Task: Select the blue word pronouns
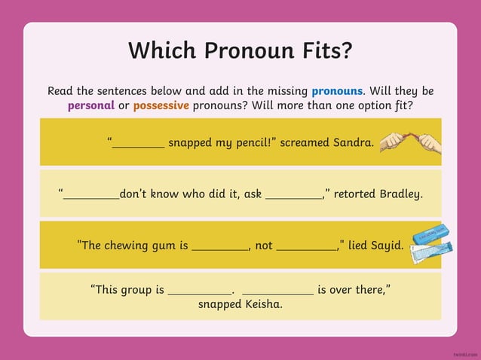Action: (337, 90)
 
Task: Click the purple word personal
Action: (91, 105)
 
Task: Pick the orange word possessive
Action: (161, 105)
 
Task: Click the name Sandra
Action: (354, 142)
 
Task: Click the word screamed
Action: (305, 142)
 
